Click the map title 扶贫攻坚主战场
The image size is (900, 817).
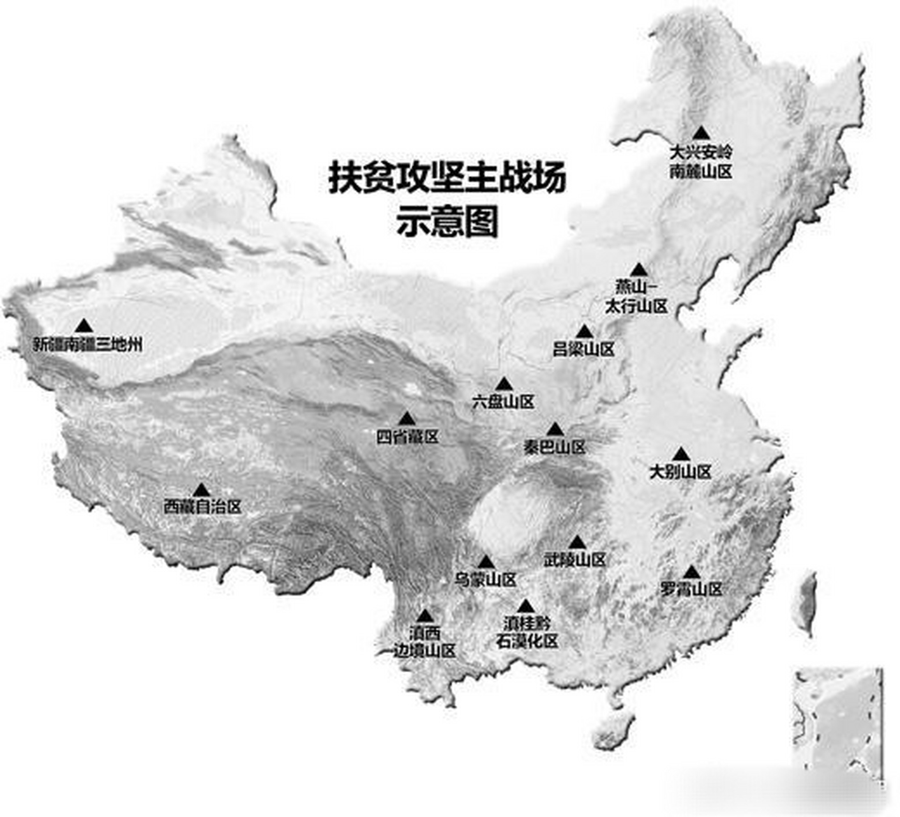click(447, 177)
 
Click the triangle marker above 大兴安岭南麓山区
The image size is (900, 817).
click(701, 133)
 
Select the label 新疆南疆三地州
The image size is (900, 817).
click(87, 345)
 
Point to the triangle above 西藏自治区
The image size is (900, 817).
click(202, 490)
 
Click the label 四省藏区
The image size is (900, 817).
click(407, 437)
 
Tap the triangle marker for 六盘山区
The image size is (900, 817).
click(504, 384)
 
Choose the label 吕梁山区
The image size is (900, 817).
click(583, 349)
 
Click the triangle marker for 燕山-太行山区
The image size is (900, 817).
click(638, 270)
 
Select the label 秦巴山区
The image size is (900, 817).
click(554, 447)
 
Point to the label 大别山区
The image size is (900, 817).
click(680, 472)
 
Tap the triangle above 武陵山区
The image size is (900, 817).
click(577, 543)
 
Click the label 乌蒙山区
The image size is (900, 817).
click(485, 580)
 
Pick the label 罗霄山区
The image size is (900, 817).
click(691, 589)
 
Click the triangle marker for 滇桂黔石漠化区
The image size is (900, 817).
click(525, 606)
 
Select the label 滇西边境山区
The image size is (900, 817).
click(424, 642)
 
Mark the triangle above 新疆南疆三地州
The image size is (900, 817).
click(84, 326)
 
